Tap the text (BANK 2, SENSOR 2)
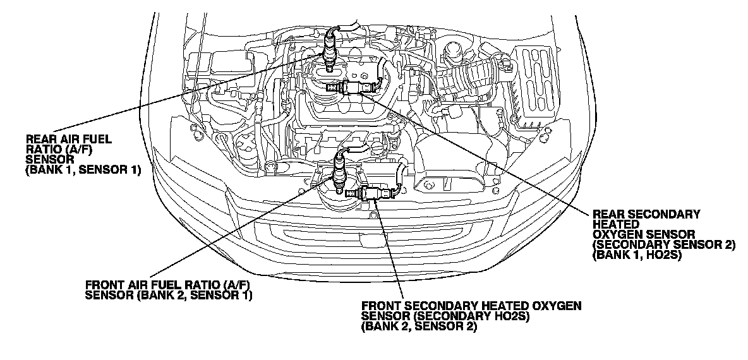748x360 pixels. tap(419, 327)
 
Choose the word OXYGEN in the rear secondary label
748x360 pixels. tap(617, 234)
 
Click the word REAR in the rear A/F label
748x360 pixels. tap(37, 138)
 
